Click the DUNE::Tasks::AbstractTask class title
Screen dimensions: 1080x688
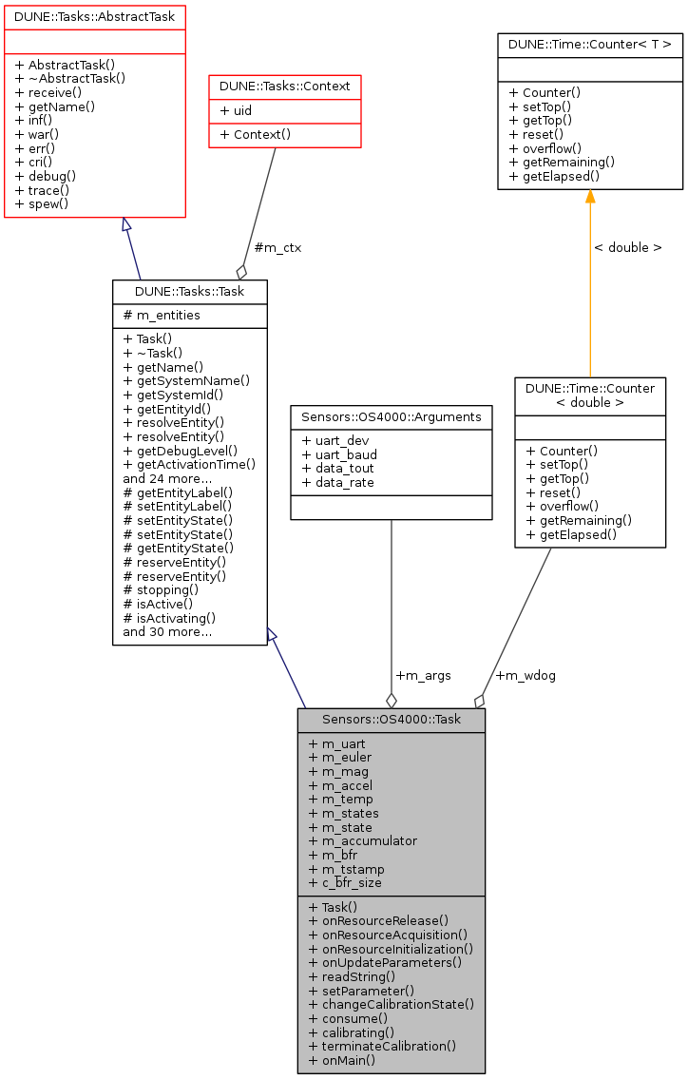pyautogui.click(x=94, y=16)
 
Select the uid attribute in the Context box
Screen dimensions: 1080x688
pyautogui.click(x=237, y=110)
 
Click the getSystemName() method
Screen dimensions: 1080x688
pyautogui.click(x=186, y=380)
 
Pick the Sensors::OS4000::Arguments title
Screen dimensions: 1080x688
pyautogui.click(x=391, y=416)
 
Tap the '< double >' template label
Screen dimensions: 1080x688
pyautogui.click(x=627, y=247)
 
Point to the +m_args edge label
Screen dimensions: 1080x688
pyautogui.click(x=423, y=675)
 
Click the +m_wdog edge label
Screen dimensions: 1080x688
pyautogui.click(x=526, y=675)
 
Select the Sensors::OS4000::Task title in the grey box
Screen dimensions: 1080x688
pyautogui.click(x=391, y=720)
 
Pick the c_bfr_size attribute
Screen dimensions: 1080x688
pyautogui.click(x=345, y=882)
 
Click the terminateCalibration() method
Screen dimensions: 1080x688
pyautogui.click(x=382, y=1046)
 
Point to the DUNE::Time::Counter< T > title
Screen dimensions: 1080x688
pyautogui.click(x=590, y=43)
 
